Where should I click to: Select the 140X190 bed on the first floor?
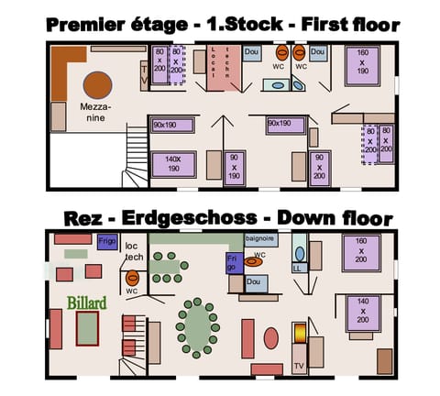click(x=172, y=163)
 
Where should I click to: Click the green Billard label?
click(x=87, y=302)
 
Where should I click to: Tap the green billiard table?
click(x=87, y=327)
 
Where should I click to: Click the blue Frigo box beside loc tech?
click(x=107, y=243)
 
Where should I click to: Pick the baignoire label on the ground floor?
click(x=260, y=238)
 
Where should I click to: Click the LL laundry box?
click(x=298, y=269)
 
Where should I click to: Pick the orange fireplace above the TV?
click(x=300, y=335)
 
